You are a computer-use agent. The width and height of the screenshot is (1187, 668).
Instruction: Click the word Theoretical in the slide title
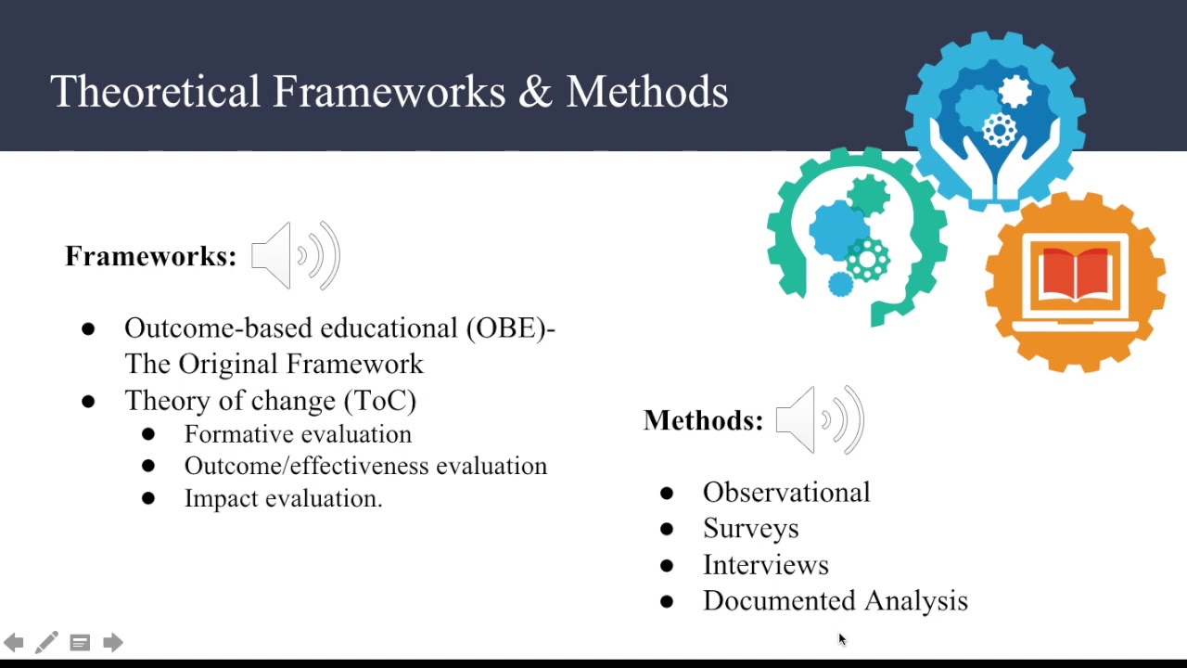click(x=155, y=93)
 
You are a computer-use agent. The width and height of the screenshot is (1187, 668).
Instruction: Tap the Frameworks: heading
click(x=151, y=256)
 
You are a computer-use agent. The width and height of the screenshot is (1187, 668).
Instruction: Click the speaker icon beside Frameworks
click(x=296, y=255)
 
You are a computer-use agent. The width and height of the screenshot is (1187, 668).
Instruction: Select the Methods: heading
click(x=703, y=420)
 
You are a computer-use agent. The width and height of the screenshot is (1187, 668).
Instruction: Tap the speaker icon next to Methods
click(x=820, y=420)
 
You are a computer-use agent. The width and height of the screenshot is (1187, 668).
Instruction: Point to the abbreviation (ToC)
click(x=380, y=401)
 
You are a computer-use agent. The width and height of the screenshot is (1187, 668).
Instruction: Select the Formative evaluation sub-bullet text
click(x=298, y=434)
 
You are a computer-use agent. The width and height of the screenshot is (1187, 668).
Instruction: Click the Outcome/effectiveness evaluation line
click(x=365, y=466)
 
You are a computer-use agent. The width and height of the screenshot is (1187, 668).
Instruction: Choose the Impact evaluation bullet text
click(x=283, y=498)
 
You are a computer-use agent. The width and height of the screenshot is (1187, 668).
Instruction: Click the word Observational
click(x=786, y=492)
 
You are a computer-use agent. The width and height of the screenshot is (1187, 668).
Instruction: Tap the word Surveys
click(x=750, y=528)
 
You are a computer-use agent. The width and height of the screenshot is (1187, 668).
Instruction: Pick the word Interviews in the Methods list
click(x=765, y=565)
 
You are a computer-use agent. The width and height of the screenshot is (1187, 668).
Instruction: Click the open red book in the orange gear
click(x=1076, y=274)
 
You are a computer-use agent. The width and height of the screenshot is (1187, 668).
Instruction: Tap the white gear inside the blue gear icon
click(x=1015, y=91)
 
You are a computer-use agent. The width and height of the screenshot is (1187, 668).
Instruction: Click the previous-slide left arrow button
click(x=14, y=642)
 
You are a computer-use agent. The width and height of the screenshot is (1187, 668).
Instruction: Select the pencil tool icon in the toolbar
click(x=46, y=642)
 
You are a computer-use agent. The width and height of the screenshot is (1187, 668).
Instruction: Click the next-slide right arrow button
click(x=113, y=642)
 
